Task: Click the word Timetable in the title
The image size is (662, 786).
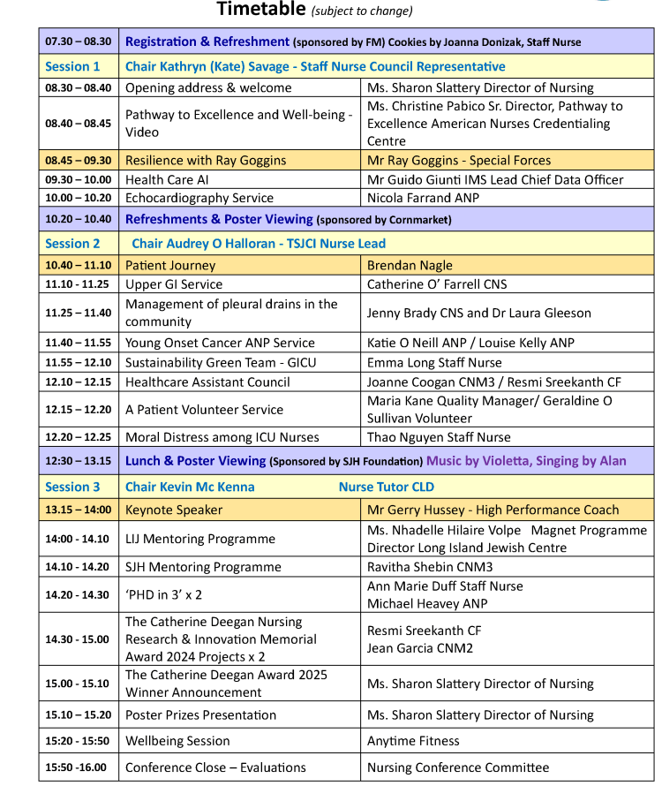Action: tap(260, 10)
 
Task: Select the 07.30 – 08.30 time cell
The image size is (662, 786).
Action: tap(79, 42)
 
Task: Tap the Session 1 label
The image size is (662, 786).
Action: tap(72, 66)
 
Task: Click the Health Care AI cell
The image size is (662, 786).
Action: tap(165, 179)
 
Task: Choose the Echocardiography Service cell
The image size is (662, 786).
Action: tap(199, 198)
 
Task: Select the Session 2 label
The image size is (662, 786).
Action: tap(72, 243)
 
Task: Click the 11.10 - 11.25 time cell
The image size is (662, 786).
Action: tap(79, 284)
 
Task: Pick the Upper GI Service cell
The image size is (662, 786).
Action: tap(174, 284)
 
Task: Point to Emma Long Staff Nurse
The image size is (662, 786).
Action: tap(434, 362)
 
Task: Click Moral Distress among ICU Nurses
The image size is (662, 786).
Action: tap(222, 437)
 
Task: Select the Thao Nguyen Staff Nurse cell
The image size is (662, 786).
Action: tap(439, 437)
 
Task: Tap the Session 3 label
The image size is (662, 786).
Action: tap(72, 487)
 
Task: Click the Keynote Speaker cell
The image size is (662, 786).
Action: tap(174, 510)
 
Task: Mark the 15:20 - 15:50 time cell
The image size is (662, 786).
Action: tap(79, 741)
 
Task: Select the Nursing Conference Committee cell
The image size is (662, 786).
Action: tap(458, 767)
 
